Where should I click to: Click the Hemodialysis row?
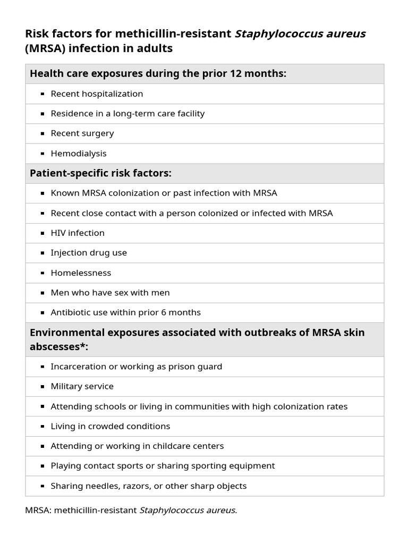79,154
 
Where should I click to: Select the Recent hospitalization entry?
97,94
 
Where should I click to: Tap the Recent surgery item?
82,133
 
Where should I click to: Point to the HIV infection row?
78,233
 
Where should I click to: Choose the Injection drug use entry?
89,253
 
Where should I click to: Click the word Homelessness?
81,273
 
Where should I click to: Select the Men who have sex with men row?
110,293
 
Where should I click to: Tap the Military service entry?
82,386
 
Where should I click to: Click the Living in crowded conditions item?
110,426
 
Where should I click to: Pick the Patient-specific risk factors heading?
101,174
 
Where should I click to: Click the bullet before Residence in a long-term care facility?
42,114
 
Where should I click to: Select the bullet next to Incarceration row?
42,367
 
